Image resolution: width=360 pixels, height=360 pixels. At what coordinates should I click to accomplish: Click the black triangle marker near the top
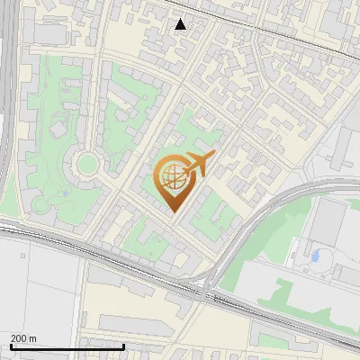coord(181,24)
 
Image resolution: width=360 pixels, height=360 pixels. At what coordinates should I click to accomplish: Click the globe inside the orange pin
coord(172,177)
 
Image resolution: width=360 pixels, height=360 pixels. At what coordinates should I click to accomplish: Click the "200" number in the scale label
coord(17,338)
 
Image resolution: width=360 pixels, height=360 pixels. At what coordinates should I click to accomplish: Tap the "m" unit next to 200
coord(32,338)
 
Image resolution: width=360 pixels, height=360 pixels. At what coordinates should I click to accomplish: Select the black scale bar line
coord(54,346)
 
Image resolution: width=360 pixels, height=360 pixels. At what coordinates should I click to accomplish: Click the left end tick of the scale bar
coord(10,346)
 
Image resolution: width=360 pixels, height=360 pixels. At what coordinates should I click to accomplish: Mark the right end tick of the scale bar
coord(98,346)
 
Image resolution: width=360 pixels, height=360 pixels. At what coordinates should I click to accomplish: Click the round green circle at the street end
coord(87,164)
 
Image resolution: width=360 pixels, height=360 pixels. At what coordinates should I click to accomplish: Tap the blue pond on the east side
coord(315,256)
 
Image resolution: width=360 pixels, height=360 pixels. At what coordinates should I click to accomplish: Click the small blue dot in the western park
coord(65,193)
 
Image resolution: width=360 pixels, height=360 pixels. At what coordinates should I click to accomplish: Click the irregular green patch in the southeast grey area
coord(288,293)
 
